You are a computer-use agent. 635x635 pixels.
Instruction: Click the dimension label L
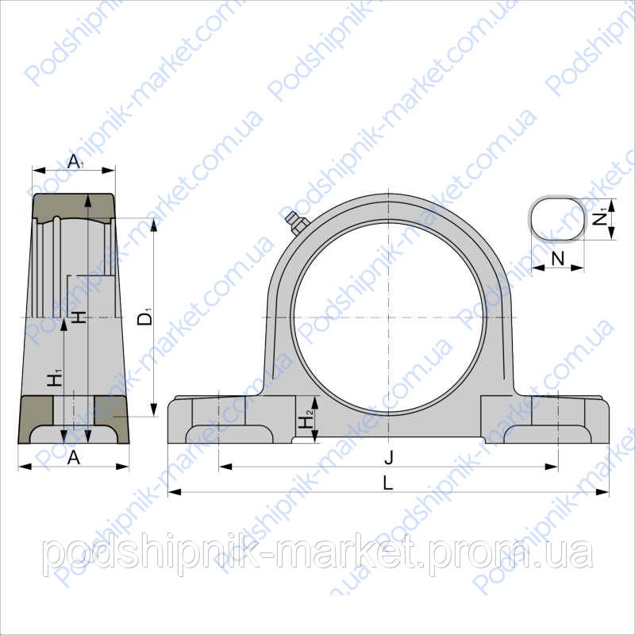click(388, 482)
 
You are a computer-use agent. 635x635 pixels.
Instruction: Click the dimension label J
click(389, 456)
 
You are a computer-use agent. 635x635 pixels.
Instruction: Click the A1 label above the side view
click(75, 162)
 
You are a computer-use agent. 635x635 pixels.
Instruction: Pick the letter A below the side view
click(74, 456)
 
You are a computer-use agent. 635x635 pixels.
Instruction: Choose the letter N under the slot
click(557, 258)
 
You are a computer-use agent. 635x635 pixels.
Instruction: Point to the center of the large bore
click(389, 318)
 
